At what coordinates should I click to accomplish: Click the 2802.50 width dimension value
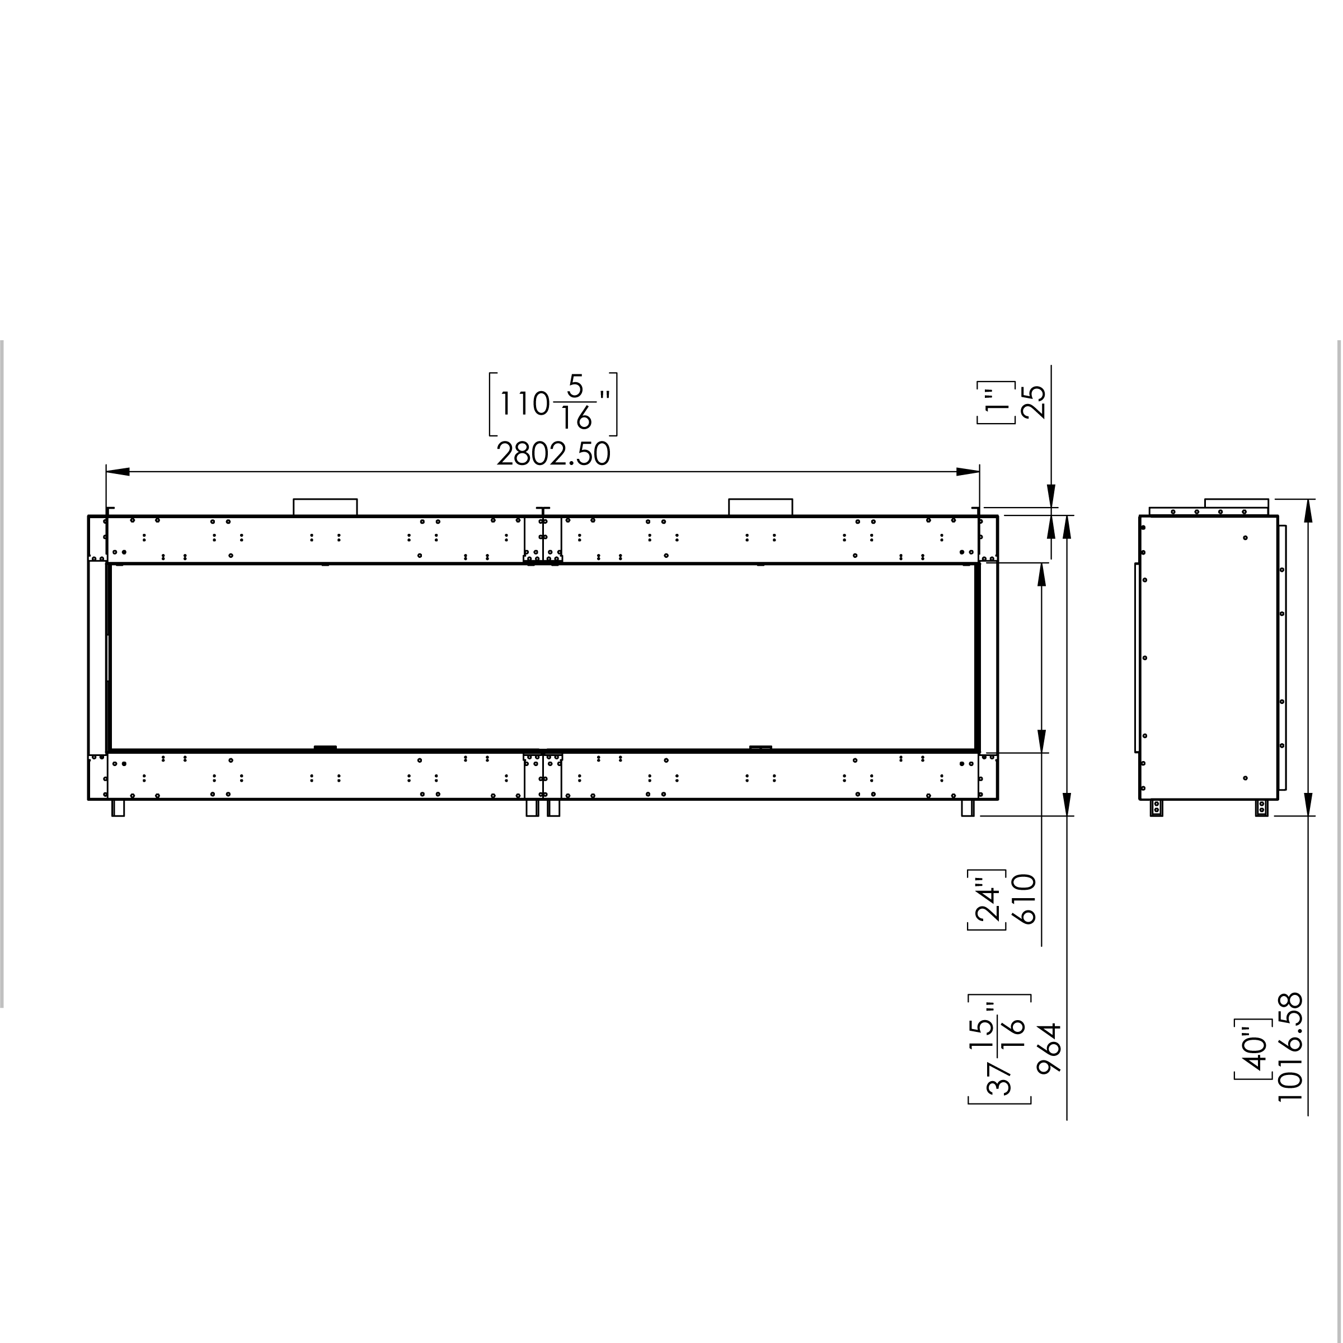click(553, 454)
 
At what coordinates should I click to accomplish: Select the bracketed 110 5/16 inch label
click(553, 405)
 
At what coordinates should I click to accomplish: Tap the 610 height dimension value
click(1026, 899)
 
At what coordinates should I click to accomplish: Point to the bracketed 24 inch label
click(988, 899)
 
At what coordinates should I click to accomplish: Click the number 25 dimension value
click(1034, 402)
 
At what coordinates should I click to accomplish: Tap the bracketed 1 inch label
click(997, 402)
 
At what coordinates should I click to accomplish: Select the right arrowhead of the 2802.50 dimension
click(968, 472)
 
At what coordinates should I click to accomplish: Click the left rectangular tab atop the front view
click(325, 508)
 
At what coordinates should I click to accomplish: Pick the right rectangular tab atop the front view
click(760, 508)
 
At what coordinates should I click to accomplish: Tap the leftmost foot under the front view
click(118, 807)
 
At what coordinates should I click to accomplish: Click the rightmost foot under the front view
click(968, 807)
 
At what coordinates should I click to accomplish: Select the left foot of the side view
click(1157, 807)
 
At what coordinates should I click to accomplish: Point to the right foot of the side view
click(1262, 807)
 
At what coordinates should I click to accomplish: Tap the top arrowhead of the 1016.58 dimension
click(1308, 511)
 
